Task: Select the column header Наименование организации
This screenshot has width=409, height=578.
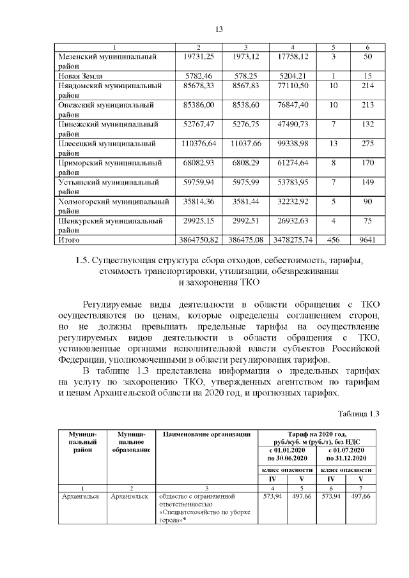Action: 206,435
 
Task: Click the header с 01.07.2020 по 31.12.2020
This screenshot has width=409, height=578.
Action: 345,453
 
